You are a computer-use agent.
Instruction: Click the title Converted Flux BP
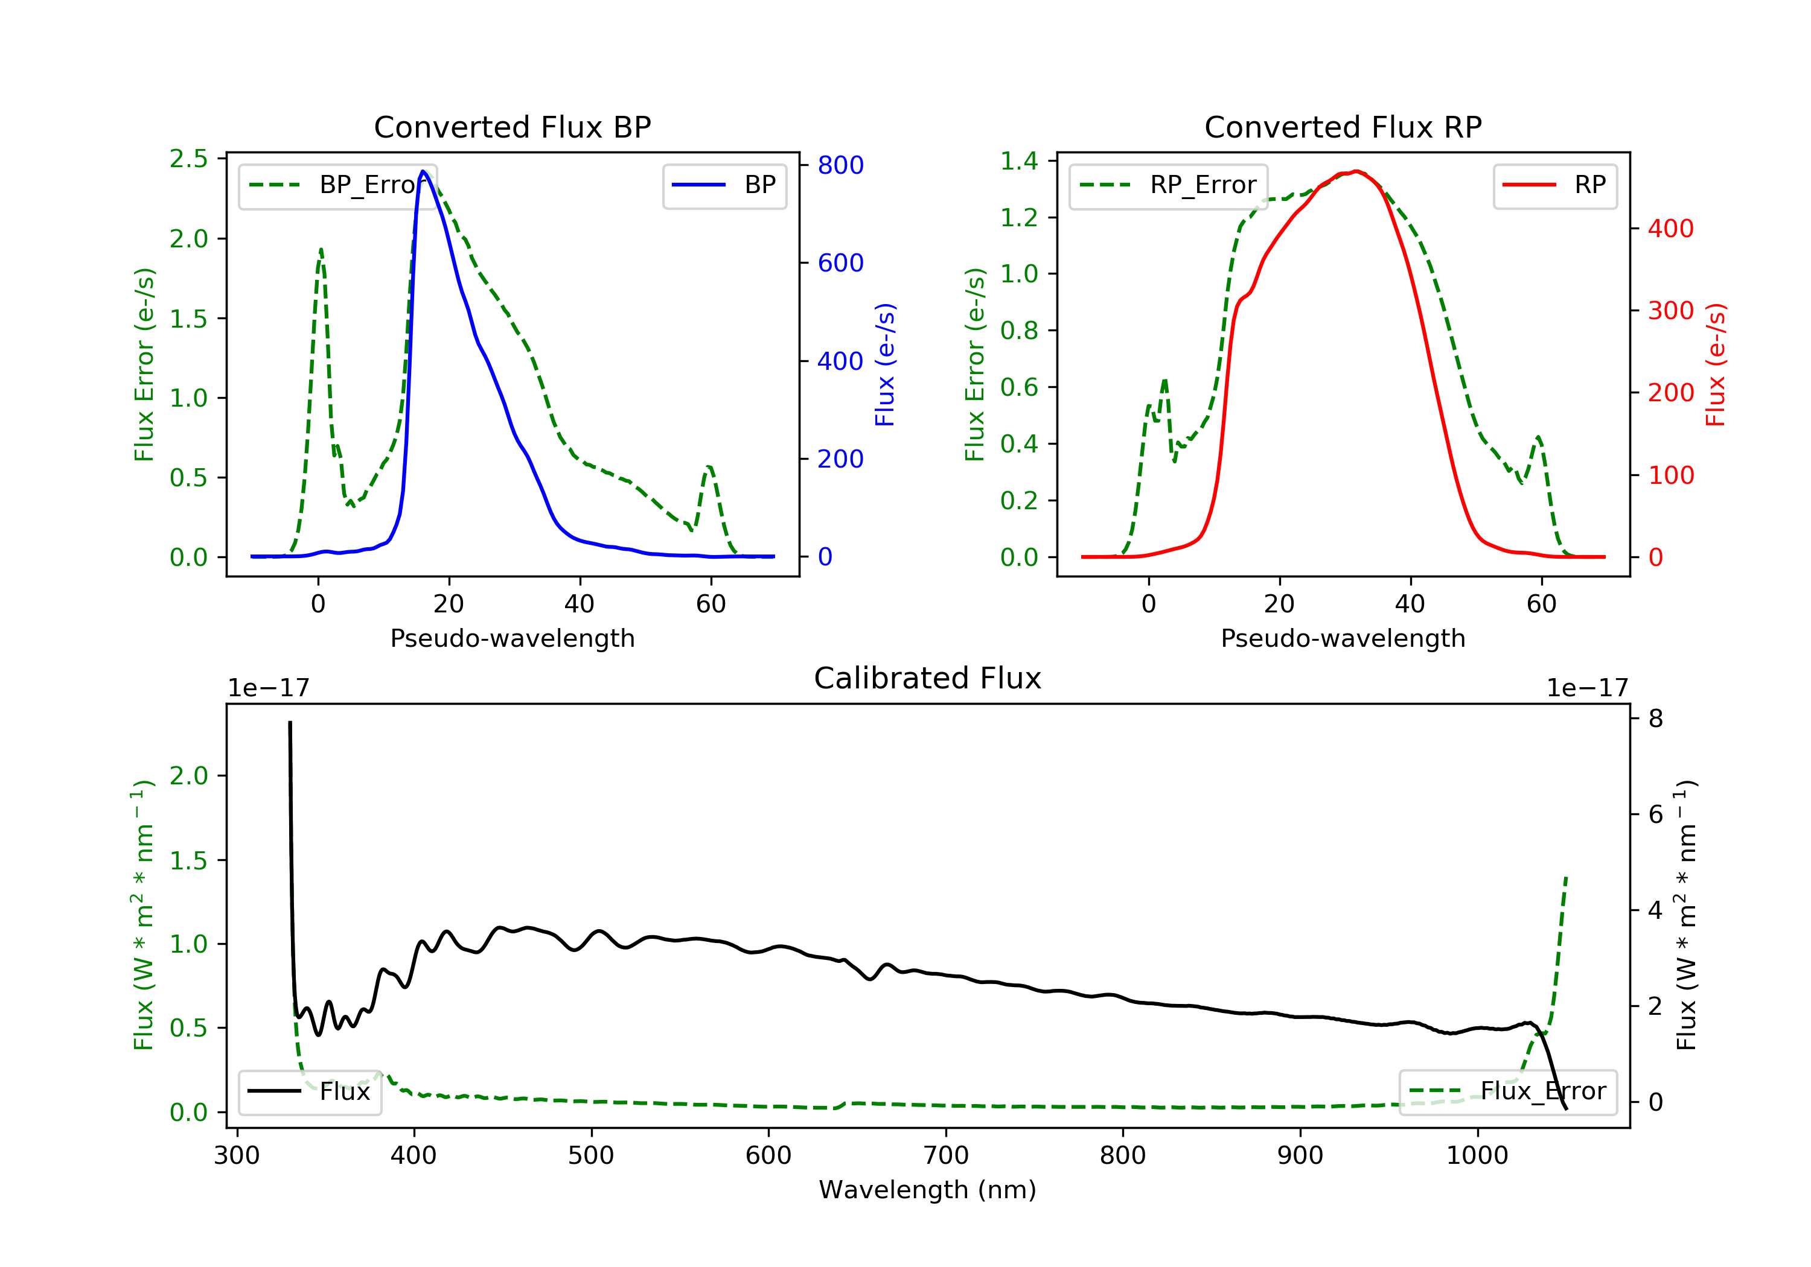click(x=512, y=127)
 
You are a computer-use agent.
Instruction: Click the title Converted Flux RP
click(x=1343, y=127)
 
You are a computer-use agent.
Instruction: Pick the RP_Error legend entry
click(x=1169, y=185)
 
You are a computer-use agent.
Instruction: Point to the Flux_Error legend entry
click(x=1507, y=1091)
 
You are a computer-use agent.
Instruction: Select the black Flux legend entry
click(x=311, y=1091)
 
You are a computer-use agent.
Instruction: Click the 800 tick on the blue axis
click(x=840, y=165)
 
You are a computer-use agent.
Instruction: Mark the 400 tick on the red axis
click(x=1670, y=229)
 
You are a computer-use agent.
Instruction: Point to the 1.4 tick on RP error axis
click(x=1019, y=161)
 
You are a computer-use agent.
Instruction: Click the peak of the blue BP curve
click(x=424, y=171)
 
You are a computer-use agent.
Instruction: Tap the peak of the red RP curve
click(x=1356, y=171)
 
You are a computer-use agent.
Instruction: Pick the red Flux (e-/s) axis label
click(x=1715, y=364)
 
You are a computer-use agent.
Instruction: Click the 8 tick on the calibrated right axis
click(x=1656, y=718)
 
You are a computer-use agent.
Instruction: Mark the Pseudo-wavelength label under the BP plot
click(x=512, y=638)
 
